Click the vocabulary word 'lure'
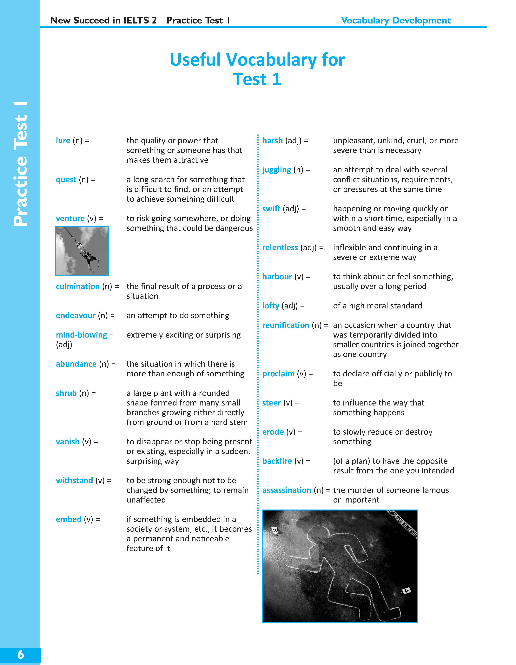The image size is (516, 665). point(63,141)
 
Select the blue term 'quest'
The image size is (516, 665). point(66,180)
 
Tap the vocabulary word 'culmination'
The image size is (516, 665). point(78,286)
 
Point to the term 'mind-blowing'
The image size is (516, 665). point(81,335)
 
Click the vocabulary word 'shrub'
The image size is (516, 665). point(66,393)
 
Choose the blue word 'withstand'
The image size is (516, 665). point(74,480)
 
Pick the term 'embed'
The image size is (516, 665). point(69,519)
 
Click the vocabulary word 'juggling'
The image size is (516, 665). point(277,170)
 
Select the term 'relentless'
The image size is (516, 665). point(280,247)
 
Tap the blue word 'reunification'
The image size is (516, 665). point(286,325)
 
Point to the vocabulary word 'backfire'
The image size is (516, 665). point(277,461)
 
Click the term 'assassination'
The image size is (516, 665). point(287,490)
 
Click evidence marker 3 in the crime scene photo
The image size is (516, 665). point(275,530)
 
